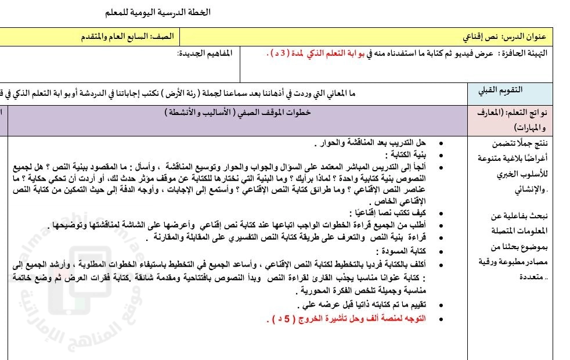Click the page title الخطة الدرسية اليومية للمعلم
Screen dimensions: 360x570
[158, 12]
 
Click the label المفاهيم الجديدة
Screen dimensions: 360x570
[204, 53]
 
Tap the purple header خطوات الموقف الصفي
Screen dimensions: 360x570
[244, 113]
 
